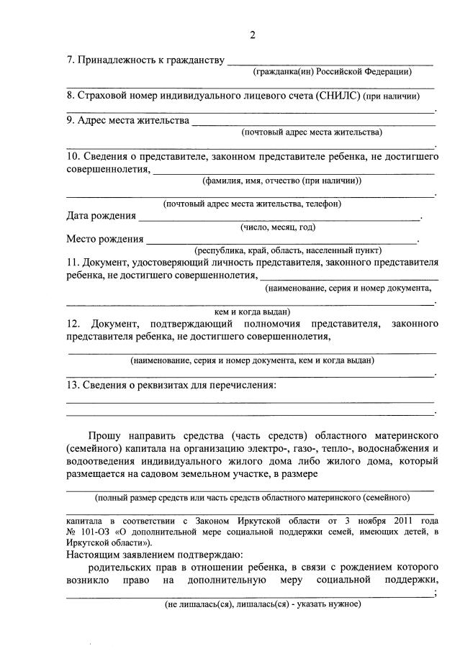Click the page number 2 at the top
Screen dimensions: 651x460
click(x=252, y=36)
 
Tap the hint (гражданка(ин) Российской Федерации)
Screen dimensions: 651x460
click(x=333, y=71)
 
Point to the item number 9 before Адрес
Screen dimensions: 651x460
click(x=71, y=120)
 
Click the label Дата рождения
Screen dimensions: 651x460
click(x=101, y=216)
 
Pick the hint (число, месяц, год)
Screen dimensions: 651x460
click(x=277, y=227)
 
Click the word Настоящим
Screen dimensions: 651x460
click(x=96, y=555)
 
